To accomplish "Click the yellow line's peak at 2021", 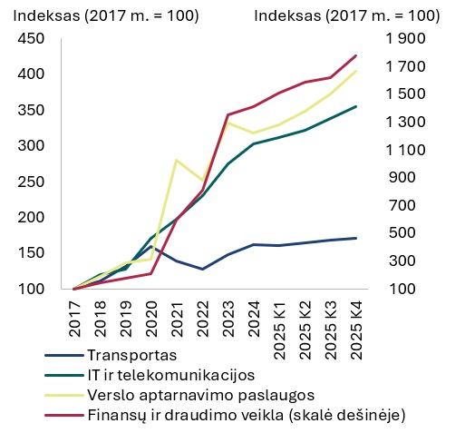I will (176, 160).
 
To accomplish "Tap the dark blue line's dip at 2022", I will (202, 269).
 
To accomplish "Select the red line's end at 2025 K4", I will (355, 55).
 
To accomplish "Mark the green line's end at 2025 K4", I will (355, 106).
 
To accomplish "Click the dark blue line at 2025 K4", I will (355, 238).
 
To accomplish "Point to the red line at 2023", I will (228, 114).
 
